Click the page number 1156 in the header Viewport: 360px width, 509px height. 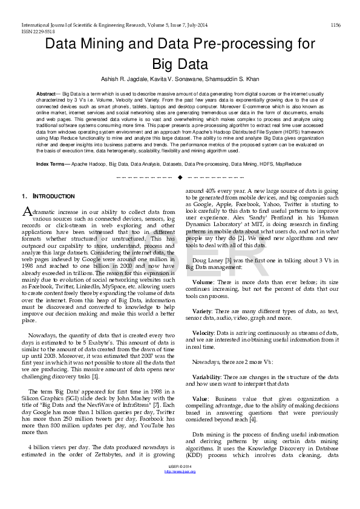tap(335, 25)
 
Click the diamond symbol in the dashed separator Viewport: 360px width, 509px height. tap(180, 177)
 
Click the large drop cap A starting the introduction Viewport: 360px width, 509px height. tap(26, 211)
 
